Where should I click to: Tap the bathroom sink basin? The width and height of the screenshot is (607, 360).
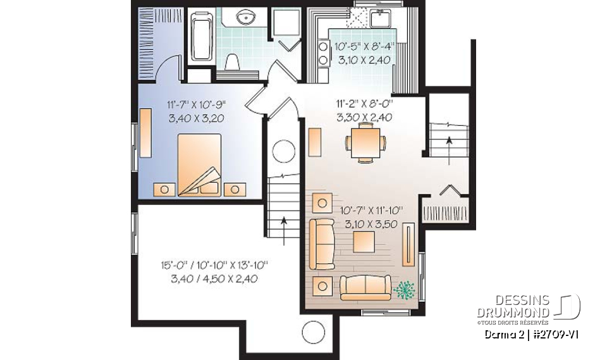(244, 17)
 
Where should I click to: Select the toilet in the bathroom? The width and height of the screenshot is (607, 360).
(232, 61)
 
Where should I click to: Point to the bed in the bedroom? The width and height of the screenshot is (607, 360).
(199, 164)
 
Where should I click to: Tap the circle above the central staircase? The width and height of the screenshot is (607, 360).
(283, 152)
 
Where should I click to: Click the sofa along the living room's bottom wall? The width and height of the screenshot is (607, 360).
(365, 287)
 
